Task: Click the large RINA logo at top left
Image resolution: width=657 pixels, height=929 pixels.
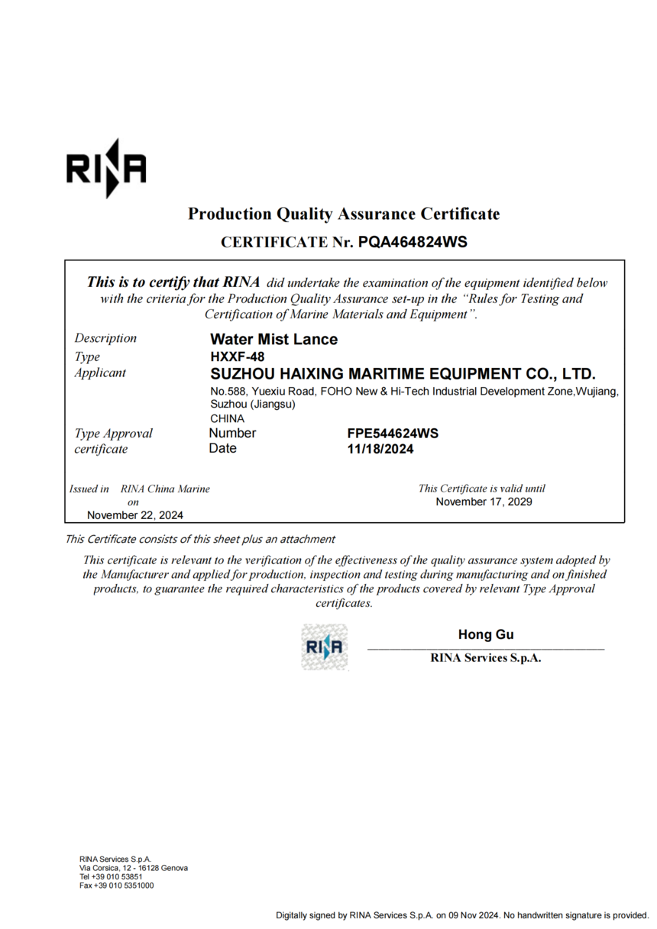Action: coord(105,169)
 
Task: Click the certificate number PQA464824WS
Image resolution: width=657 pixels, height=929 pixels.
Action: coord(412,242)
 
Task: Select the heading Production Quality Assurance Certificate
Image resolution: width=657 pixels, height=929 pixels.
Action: coord(344,214)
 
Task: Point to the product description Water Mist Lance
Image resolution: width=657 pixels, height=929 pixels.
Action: coord(273,339)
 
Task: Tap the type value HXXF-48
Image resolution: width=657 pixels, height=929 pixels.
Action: coord(237,356)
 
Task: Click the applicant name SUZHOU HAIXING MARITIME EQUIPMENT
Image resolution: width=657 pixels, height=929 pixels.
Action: coord(402,374)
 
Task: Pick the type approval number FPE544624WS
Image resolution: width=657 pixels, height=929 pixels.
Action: coord(393,434)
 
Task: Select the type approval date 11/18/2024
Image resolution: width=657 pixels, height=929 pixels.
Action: coord(380,449)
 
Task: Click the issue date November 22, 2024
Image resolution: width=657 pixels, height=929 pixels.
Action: coord(135,515)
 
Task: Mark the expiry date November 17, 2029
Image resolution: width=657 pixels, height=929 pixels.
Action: coord(484,502)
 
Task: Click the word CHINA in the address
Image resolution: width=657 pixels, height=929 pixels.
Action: coord(227,418)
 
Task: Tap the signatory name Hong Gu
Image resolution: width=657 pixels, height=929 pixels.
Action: coord(486,634)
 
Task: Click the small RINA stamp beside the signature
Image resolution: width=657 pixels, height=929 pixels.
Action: coord(325,647)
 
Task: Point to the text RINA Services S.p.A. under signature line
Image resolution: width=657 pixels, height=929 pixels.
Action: coord(486,658)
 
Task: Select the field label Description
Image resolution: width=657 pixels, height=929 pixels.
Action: coord(105,338)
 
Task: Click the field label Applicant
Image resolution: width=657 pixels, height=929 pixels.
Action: coord(100,373)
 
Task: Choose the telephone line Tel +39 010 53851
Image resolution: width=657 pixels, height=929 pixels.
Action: coord(111,876)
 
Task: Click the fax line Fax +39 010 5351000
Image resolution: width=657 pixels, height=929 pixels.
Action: coord(116,885)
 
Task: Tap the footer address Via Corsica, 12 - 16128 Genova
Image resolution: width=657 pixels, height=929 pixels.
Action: coord(134,868)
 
